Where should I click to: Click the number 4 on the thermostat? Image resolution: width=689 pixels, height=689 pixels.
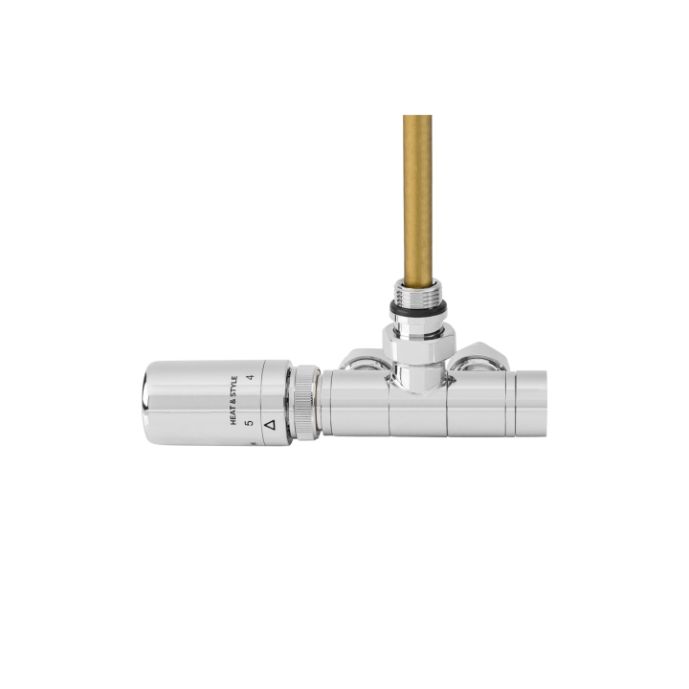pos(251,379)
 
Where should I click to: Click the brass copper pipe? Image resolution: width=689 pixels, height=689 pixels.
pos(417,191)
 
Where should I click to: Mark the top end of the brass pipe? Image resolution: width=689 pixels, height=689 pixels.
pos(417,119)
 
